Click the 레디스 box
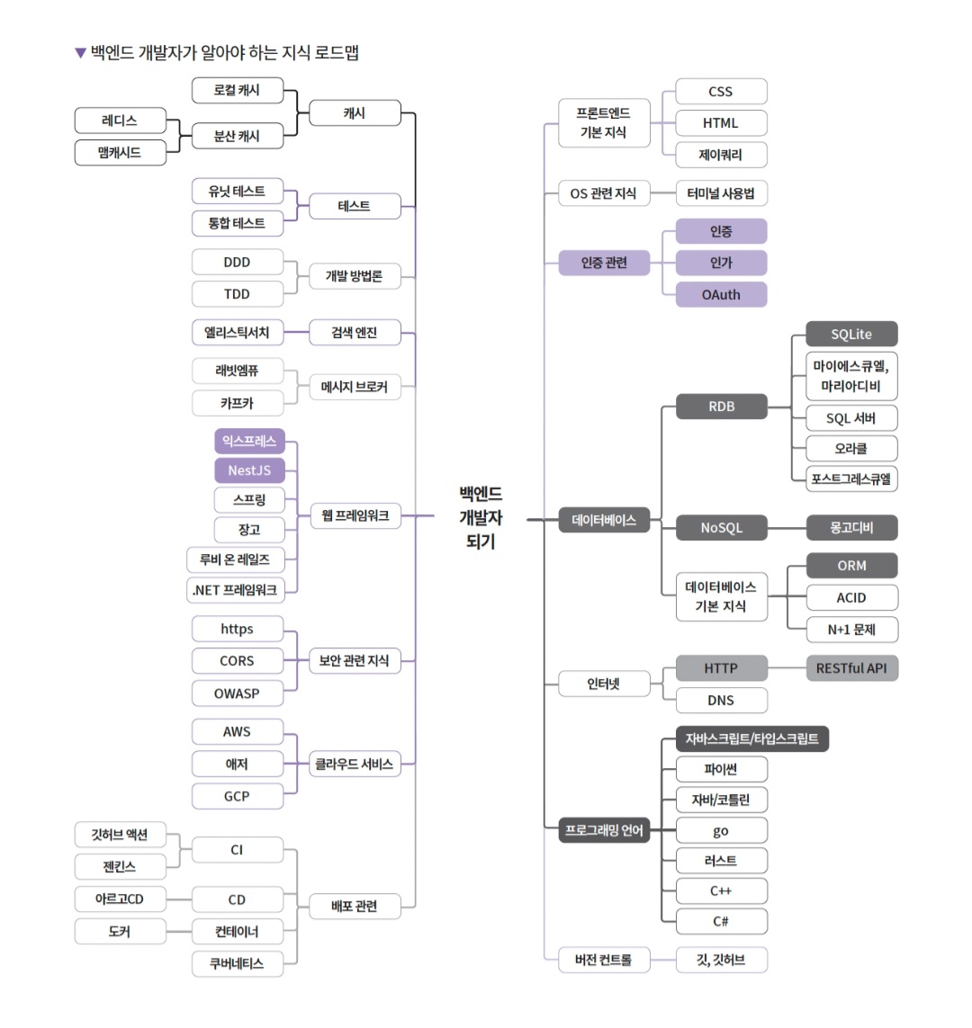pos(120,121)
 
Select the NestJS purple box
pos(249,470)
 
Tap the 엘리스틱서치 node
pos(237,333)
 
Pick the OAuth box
pos(721,294)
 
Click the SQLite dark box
pos(851,335)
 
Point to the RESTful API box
pos(851,668)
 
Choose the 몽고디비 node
pos(851,528)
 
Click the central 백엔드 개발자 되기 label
pos(481,517)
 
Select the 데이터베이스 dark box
pos(604,520)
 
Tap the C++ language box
pos(721,891)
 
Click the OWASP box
pos(237,693)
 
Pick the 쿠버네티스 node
pos(237,963)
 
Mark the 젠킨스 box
pos(120,867)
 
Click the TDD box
pos(237,294)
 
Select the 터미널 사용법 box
pos(721,193)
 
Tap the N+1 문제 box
pos(851,630)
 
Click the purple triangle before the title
pos(80,53)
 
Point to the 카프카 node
pos(237,403)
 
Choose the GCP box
pos(237,796)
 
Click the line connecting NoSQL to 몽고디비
pos(787,528)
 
